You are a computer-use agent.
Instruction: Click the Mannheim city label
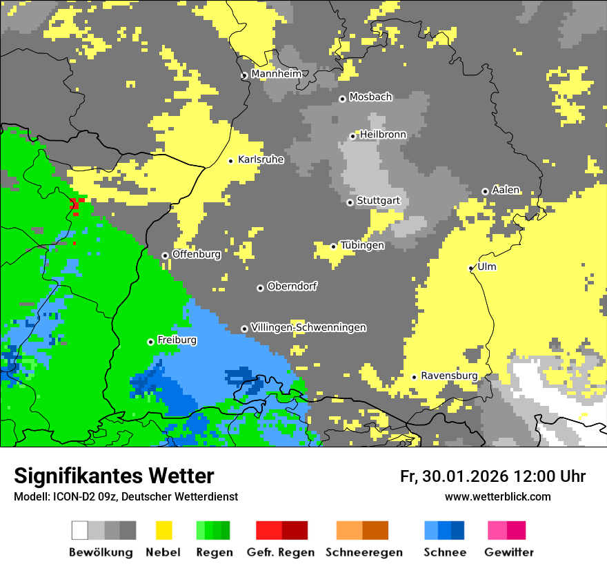click(276, 74)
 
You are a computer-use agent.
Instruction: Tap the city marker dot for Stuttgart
click(350, 202)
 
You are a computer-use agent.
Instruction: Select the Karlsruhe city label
click(261, 159)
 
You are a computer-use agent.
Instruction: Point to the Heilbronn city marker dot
click(352, 136)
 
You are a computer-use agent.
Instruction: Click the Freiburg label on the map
click(177, 340)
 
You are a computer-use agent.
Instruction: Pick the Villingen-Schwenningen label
click(308, 327)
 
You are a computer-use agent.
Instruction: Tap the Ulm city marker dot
click(471, 268)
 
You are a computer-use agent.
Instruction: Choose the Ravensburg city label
click(449, 376)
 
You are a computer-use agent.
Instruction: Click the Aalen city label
click(506, 190)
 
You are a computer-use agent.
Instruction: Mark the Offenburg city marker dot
click(165, 255)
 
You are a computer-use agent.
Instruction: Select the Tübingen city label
click(362, 245)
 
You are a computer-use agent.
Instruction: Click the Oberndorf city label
click(292, 286)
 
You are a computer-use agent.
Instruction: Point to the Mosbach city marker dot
click(342, 99)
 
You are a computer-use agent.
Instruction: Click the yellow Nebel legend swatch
click(163, 530)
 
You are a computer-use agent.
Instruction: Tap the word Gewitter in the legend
click(509, 552)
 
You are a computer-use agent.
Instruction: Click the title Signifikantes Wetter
click(114, 476)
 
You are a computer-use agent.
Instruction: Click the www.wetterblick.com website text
click(497, 496)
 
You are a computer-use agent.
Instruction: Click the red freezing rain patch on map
click(76, 204)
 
